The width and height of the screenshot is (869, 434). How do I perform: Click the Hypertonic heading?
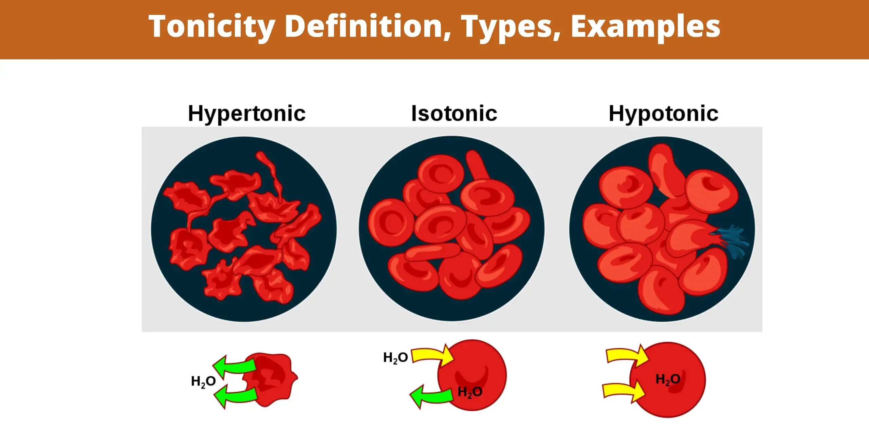click(247, 114)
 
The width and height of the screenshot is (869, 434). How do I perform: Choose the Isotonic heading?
click(454, 113)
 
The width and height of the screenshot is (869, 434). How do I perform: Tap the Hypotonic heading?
click(664, 114)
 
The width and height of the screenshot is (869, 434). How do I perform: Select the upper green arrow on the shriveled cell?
click(234, 367)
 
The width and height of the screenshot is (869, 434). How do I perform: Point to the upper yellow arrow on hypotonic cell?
click(626, 356)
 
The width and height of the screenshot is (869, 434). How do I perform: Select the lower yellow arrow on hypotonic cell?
click(623, 391)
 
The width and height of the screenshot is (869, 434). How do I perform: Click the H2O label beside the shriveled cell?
click(203, 382)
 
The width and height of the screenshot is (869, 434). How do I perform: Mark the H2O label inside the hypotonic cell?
click(668, 379)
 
